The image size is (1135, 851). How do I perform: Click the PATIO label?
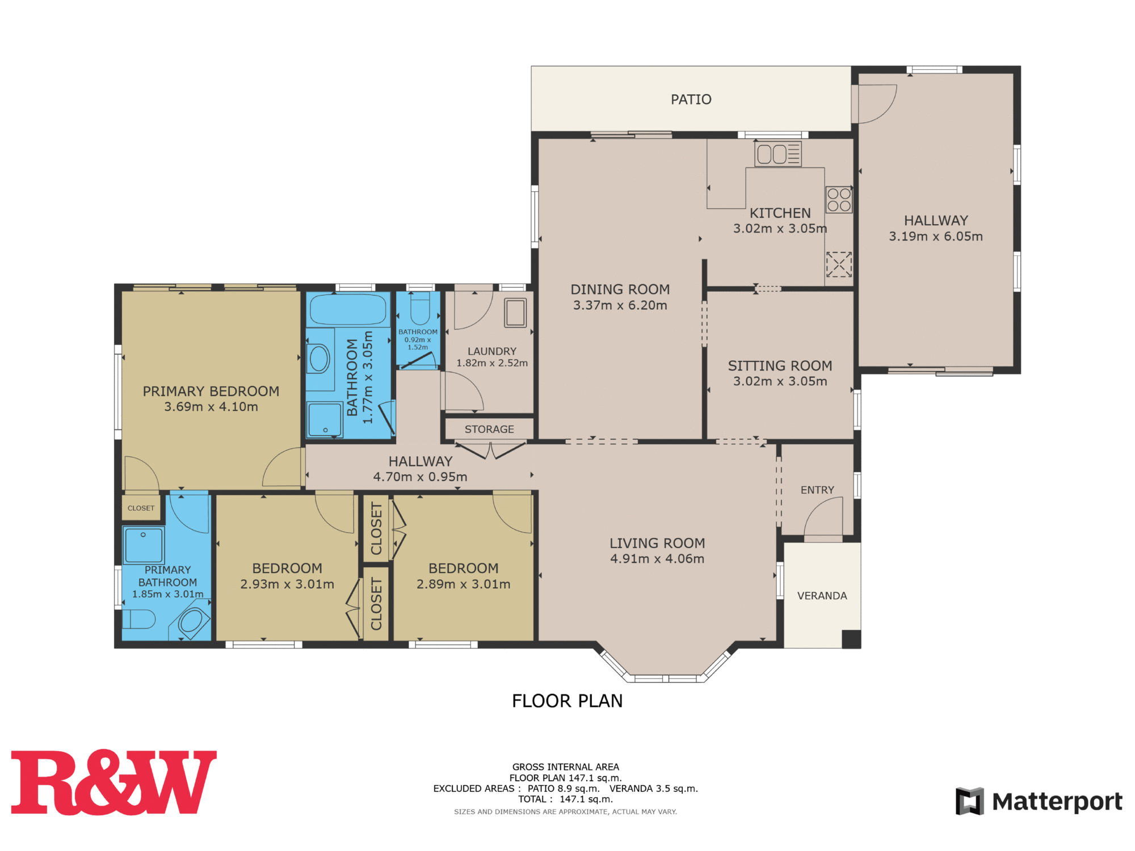click(691, 100)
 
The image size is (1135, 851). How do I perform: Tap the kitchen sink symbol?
click(777, 154)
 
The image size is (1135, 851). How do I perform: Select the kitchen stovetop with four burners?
click(839, 200)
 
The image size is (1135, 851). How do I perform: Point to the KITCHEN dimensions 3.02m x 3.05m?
click(780, 229)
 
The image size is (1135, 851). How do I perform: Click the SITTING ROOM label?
click(780, 366)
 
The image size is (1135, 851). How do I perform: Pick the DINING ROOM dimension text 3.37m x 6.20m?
click(620, 305)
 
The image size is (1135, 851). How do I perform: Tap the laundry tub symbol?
click(515, 313)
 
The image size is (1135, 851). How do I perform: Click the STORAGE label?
click(489, 429)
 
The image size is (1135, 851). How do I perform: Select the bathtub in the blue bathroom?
click(348, 310)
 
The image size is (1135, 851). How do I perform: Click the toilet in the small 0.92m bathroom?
click(420, 309)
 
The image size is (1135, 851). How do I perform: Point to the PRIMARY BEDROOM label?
click(211, 391)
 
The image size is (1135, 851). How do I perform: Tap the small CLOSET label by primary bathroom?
click(141, 508)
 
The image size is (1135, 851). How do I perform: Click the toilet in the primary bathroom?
click(139, 619)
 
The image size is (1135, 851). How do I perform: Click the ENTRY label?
click(817, 490)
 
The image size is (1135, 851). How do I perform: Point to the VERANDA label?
click(822, 596)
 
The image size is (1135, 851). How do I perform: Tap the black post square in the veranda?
click(851, 639)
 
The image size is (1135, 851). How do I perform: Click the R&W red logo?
click(113, 782)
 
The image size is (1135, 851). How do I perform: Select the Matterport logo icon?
click(969, 801)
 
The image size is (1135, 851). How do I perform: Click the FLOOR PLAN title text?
click(567, 701)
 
